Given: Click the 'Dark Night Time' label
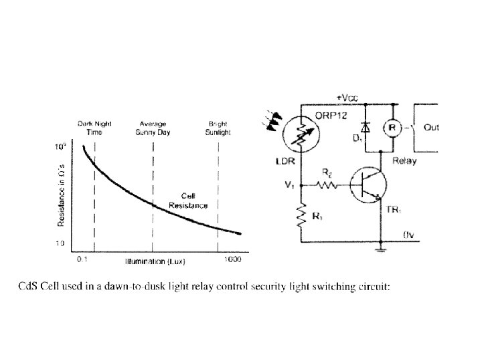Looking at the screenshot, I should (x=94, y=128).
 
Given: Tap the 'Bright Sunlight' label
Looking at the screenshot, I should (x=218, y=128).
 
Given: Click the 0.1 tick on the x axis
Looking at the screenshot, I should (x=82, y=258).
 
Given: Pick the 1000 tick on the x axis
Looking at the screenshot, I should (x=232, y=258).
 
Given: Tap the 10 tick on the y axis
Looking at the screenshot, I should (x=60, y=243).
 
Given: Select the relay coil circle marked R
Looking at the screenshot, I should (x=393, y=126).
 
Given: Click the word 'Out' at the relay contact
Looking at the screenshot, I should (x=432, y=126).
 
